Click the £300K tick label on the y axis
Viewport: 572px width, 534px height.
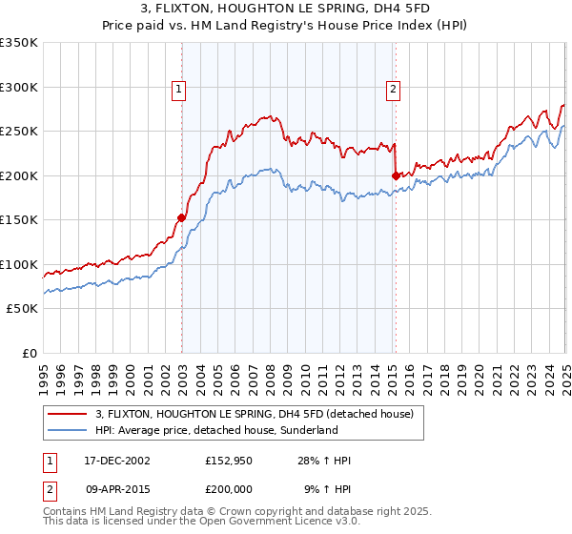click(x=19, y=87)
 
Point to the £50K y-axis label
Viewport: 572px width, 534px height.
click(x=22, y=309)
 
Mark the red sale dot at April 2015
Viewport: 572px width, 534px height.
click(x=396, y=175)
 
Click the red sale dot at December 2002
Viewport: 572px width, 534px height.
click(x=182, y=216)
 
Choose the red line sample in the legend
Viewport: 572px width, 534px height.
click(x=67, y=415)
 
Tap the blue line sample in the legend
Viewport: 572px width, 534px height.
click(x=67, y=430)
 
